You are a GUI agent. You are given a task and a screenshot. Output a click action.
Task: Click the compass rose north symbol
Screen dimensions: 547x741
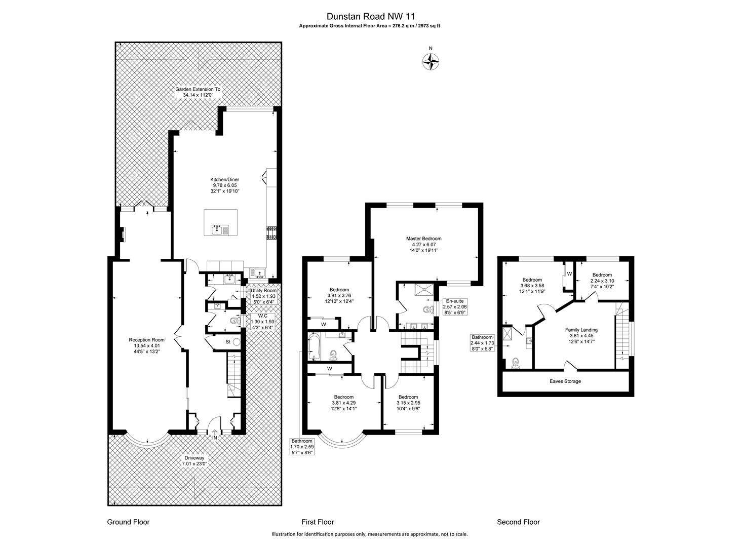(x=431, y=62)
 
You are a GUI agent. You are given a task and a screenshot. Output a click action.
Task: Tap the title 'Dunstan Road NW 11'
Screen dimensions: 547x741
(x=370, y=16)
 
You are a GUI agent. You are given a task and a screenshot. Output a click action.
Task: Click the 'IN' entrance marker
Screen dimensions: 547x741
(x=215, y=437)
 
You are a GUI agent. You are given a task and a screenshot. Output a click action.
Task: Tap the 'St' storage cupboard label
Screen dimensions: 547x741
(x=228, y=342)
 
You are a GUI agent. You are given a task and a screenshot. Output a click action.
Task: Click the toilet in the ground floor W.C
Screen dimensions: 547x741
(x=234, y=320)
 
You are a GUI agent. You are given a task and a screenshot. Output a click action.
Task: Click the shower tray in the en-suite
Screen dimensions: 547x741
(x=424, y=289)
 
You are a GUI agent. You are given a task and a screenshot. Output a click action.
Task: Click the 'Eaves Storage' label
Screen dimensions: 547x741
(x=565, y=381)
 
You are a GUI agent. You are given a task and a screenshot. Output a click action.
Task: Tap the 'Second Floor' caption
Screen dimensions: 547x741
(x=518, y=522)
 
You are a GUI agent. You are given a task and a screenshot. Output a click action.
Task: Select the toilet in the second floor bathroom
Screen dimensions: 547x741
(x=515, y=362)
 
